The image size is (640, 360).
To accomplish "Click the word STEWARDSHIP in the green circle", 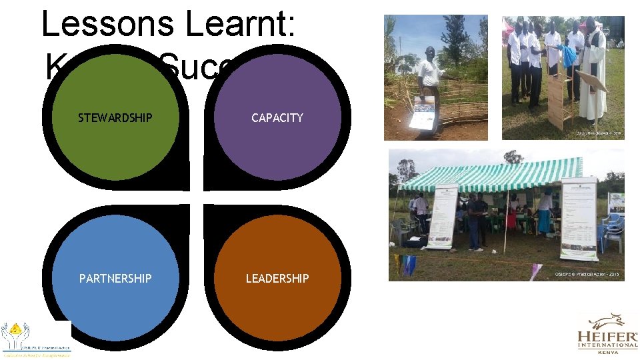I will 115,118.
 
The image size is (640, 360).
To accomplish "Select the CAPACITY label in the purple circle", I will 277,118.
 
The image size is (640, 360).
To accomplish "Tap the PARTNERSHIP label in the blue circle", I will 115,278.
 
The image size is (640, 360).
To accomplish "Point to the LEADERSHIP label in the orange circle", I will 277,278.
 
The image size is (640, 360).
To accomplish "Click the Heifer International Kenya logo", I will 607,333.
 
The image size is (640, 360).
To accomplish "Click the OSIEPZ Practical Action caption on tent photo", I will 587,275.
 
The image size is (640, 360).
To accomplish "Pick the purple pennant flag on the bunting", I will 536,270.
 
